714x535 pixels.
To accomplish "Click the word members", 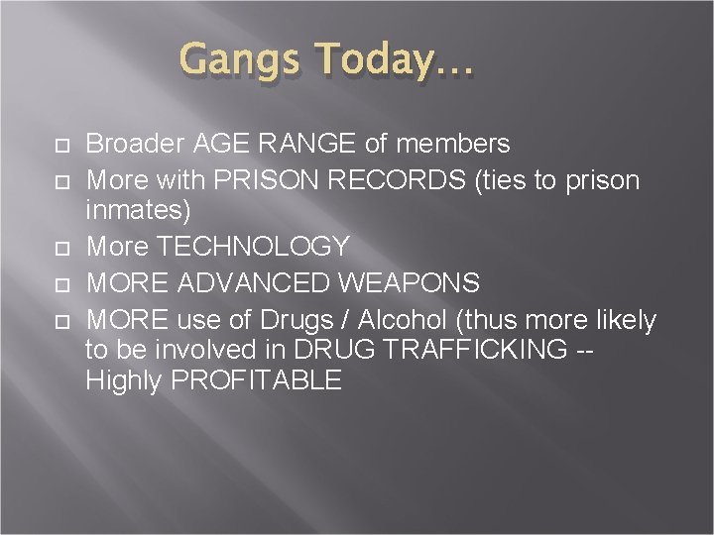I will pos(451,145).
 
